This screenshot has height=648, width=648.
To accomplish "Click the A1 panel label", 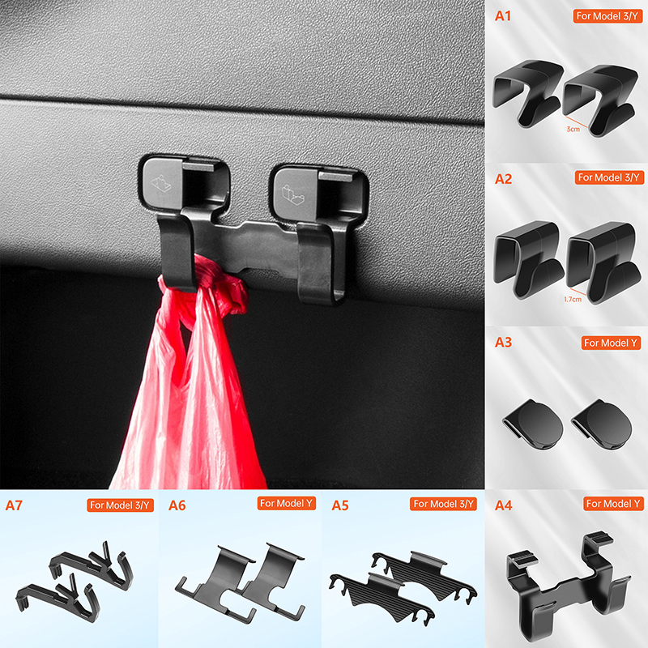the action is pyautogui.click(x=503, y=16).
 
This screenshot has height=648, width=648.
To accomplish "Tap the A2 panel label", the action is pyautogui.click(x=503, y=179).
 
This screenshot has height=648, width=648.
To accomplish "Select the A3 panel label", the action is pyautogui.click(x=503, y=342).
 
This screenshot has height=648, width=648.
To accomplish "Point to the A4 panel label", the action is pyautogui.click(x=503, y=505).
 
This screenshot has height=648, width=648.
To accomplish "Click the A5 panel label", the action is pyautogui.click(x=340, y=505).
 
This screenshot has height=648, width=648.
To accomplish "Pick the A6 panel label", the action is pyautogui.click(x=177, y=505).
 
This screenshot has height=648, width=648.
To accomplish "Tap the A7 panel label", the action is pyautogui.click(x=14, y=505).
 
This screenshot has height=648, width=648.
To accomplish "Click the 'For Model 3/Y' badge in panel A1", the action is pyautogui.click(x=607, y=16).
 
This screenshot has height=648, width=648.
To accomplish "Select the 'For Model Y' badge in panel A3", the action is pyautogui.click(x=611, y=343).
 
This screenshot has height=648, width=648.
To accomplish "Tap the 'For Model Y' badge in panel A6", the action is pyautogui.click(x=287, y=503).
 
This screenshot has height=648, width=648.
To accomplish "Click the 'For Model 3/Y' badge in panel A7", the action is pyautogui.click(x=120, y=505).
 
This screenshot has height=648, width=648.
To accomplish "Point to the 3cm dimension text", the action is pyautogui.click(x=573, y=130).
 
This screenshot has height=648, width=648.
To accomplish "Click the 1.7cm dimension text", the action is pyautogui.click(x=573, y=299).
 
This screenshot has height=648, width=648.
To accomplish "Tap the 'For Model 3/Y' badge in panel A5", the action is pyautogui.click(x=443, y=504).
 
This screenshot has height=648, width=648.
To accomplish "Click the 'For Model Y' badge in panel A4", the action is pyautogui.click(x=613, y=504).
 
